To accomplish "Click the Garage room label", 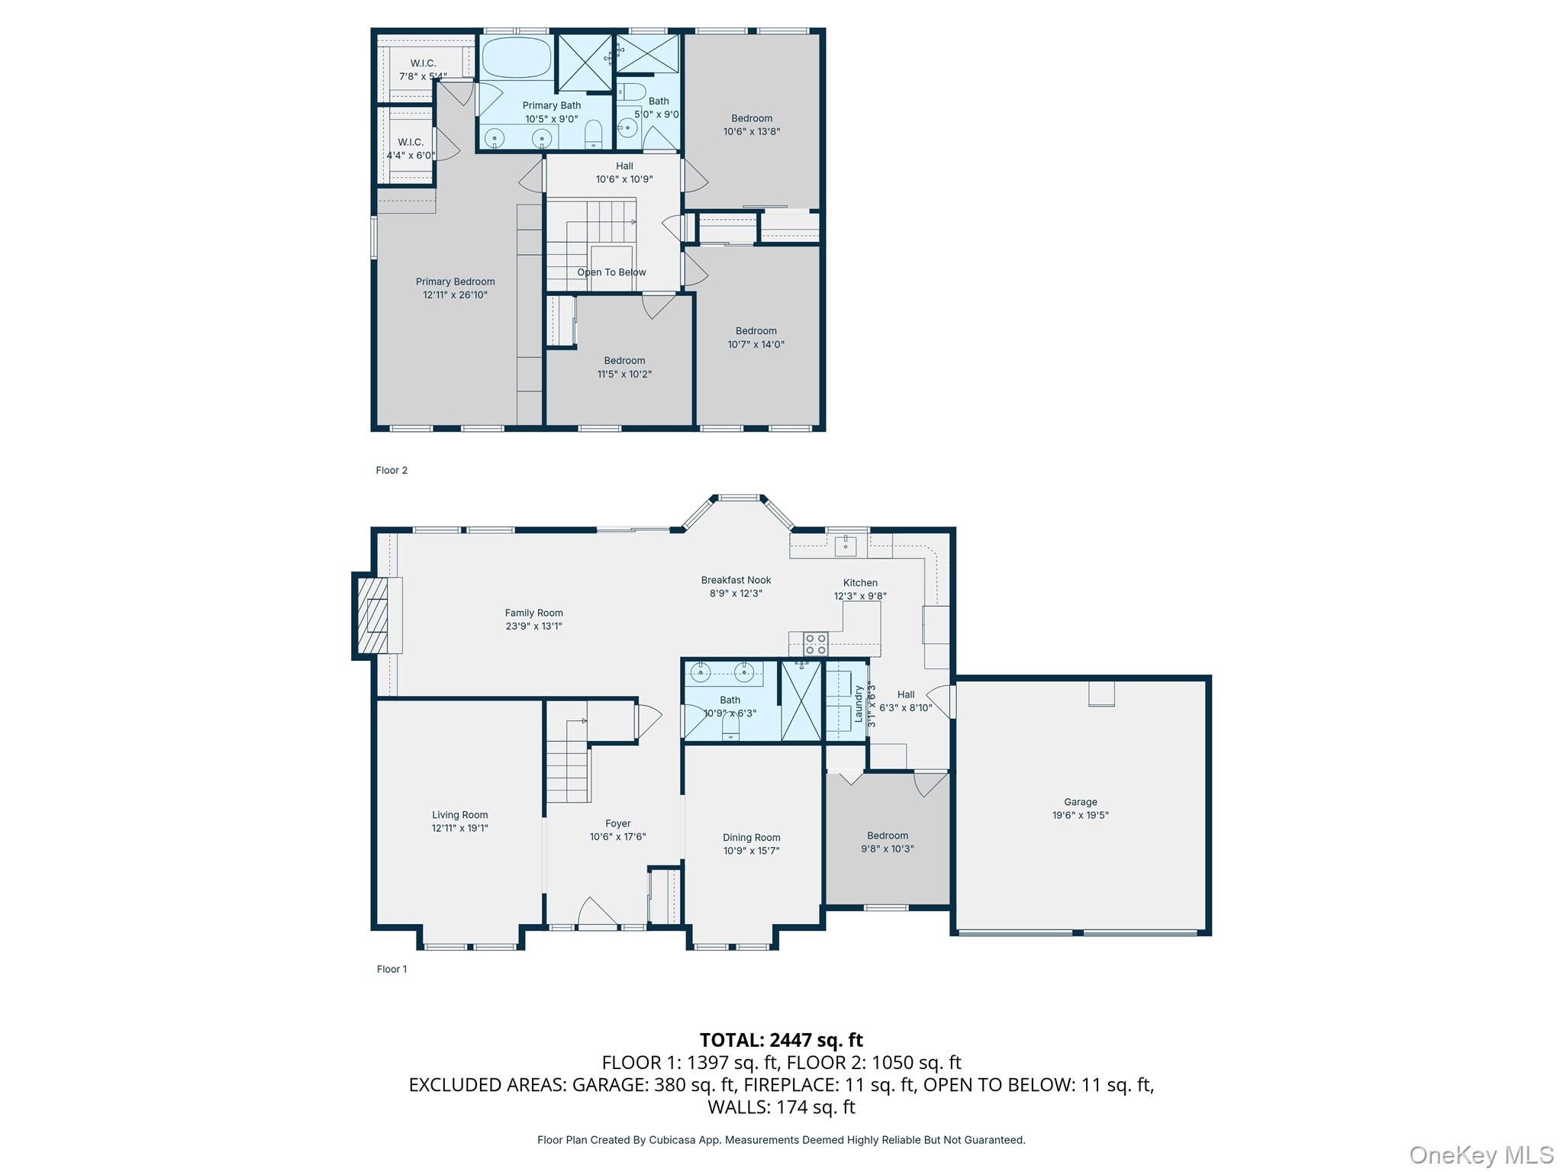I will click(x=1080, y=802).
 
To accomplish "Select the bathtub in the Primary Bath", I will click(x=516, y=56).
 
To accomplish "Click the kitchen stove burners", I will click(x=815, y=644).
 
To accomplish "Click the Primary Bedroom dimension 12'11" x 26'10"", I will click(x=455, y=295).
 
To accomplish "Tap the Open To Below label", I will click(x=611, y=272).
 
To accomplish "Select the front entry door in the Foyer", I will click(x=598, y=914).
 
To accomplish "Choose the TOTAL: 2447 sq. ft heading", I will click(x=781, y=1040).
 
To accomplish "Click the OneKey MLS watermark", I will click(x=1481, y=1154).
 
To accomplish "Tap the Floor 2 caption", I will click(x=392, y=470).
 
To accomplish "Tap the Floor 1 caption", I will click(x=392, y=969).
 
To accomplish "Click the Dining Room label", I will click(x=751, y=838).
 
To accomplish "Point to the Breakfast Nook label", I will click(x=736, y=580).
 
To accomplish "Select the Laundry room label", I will click(x=858, y=703).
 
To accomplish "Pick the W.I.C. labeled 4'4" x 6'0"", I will click(x=411, y=149).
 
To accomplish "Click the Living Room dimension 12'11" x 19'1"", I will click(x=459, y=828).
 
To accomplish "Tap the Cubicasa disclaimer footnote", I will click(x=781, y=1140).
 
